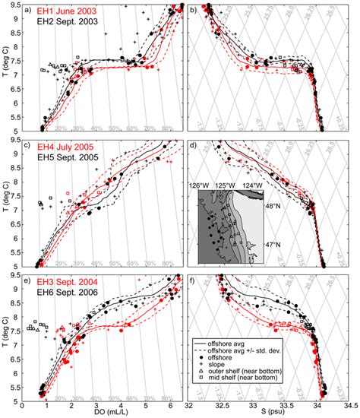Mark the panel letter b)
194,11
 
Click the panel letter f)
194,281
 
